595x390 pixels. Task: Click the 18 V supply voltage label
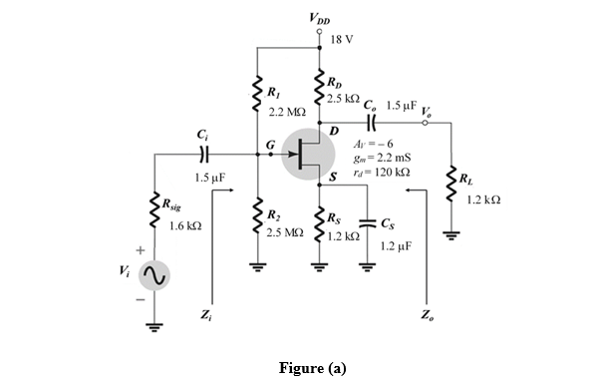pos(340,39)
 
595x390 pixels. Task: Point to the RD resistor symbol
pos(320,88)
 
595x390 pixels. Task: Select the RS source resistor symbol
pos(320,224)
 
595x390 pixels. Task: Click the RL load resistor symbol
pos(453,193)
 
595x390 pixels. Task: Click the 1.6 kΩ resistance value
pos(186,226)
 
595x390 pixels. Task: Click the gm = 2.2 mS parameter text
pos(387,158)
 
